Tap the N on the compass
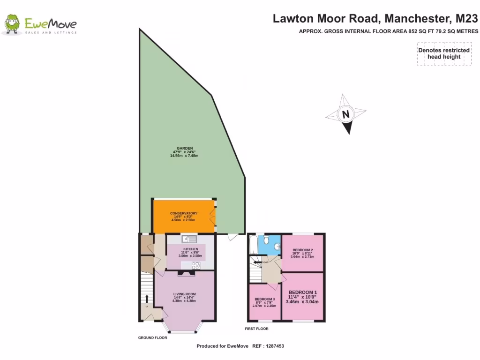click(345, 114)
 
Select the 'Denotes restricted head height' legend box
click(444, 53)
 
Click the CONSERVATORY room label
click(183, 213)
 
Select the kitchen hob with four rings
click(196, 265)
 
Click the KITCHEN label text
click(190, 249)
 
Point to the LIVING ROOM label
click(184, 294)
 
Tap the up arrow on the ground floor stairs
click(146, 299)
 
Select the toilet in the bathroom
click(266, 240)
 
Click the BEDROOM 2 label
click(302, 250)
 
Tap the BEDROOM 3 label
click(265, 299)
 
